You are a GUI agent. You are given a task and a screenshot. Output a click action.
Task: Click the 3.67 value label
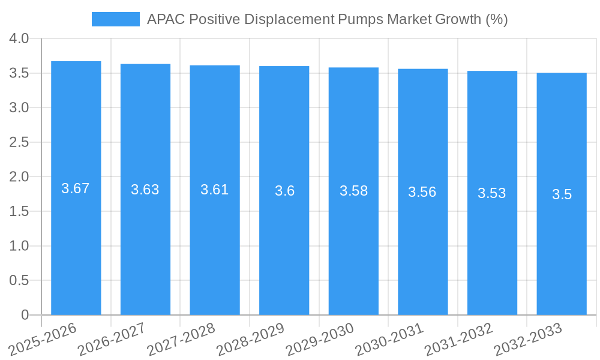tap(76, 188)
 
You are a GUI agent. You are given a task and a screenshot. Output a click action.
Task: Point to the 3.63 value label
tap(145, 190)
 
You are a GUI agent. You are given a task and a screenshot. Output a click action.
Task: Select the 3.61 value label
tap(215, 190)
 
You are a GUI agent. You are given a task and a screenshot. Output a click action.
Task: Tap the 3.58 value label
tap(353, 191)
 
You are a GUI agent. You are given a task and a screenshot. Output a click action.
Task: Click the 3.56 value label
tap(422, 192)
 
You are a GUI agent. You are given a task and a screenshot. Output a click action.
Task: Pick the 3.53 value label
tap(492, 193)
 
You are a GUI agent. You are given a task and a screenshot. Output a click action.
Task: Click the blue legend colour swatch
tap(115, 19)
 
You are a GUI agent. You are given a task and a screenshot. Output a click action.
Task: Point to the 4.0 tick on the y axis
tap(19, 38)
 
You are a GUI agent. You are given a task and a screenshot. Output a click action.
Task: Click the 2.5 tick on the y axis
tap(19, 142)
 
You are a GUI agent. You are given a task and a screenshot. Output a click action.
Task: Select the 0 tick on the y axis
tap(25, 315)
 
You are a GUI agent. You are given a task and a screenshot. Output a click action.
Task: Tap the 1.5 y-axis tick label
tap(19, 211)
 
